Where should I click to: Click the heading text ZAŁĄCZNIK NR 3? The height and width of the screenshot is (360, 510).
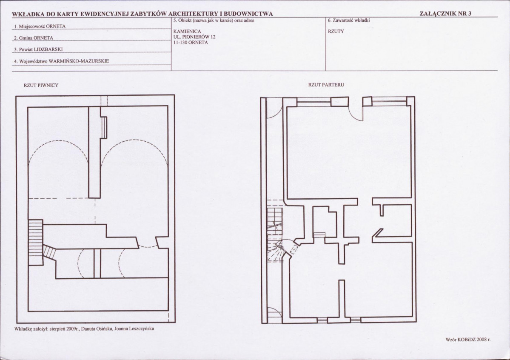click(445, 13)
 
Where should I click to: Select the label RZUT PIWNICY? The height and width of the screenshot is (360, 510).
click(41, 85)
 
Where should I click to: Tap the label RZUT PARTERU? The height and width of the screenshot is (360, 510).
click(326, 85)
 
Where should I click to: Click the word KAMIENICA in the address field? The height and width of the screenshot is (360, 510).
click(187, 31)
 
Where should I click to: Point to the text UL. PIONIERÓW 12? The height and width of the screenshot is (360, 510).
click(194, 37)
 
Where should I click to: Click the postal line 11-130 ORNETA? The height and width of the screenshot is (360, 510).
click(191, 43)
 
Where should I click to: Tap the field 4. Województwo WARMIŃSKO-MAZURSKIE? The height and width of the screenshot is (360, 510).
click(62, 61)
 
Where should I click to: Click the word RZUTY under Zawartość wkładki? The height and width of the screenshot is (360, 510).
click(336, 31)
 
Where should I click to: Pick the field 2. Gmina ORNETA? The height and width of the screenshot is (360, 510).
click(34, 38)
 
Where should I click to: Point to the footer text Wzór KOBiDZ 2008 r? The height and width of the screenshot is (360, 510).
click(468, 340)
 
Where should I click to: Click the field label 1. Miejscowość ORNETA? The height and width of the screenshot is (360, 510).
click(40, 26)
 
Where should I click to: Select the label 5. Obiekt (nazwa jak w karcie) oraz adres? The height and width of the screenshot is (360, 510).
click(214, 20)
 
